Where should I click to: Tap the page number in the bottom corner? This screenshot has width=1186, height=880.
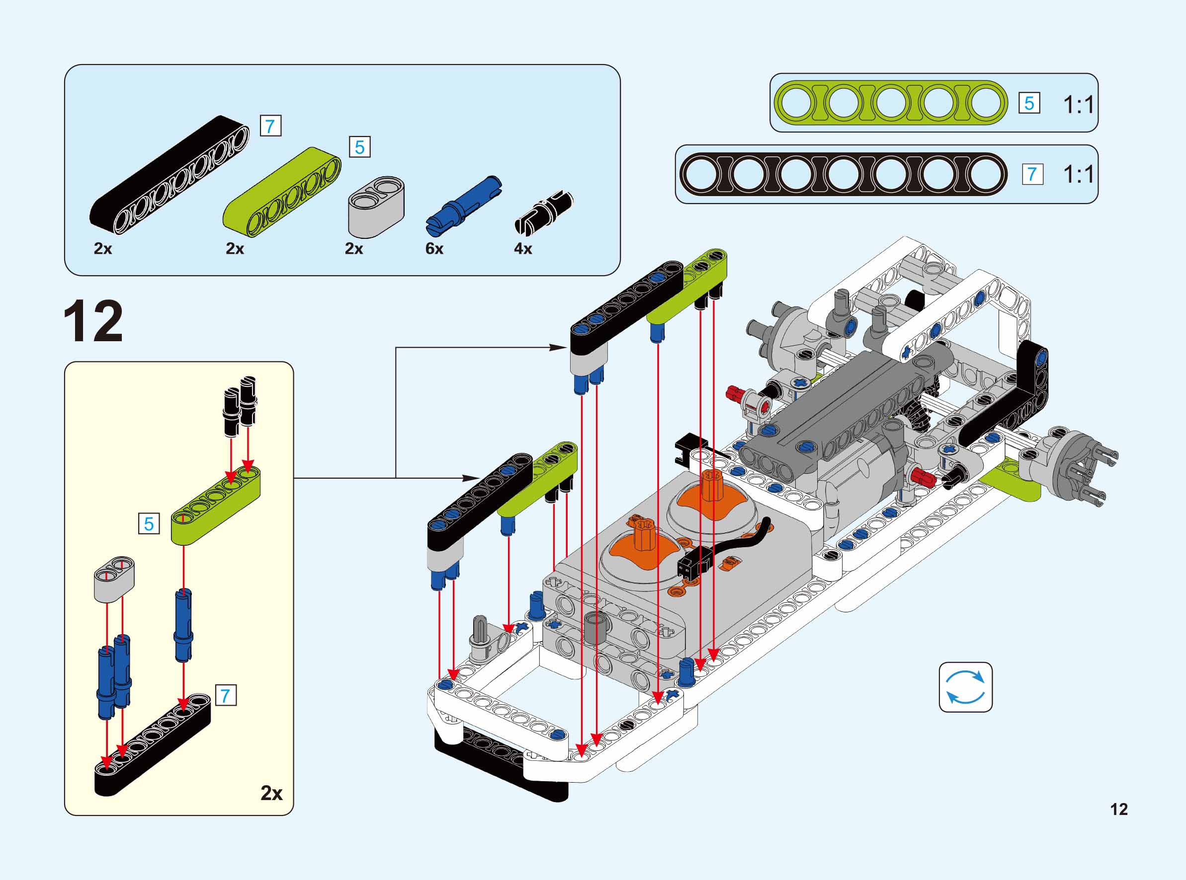[x=1119, y=809]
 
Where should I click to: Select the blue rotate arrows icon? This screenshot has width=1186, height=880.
[x=965, y=687]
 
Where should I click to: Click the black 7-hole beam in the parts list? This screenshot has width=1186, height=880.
[x=168, y=174]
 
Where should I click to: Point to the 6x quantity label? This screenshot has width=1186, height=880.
[x=434, y=249]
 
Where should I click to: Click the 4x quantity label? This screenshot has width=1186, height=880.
[x=522, y=249]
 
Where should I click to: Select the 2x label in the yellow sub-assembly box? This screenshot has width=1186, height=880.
[x=271, y=793]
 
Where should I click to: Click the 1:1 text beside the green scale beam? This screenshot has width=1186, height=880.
[x=1078, y=104]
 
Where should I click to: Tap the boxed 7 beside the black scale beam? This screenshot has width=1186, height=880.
[x=1032, y=174]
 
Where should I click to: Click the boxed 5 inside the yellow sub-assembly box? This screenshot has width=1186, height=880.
[x=149, y=523]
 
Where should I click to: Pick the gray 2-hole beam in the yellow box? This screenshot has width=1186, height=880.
[x=114, y=580]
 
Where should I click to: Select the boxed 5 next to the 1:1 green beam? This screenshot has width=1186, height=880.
[x=1029, y=103]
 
